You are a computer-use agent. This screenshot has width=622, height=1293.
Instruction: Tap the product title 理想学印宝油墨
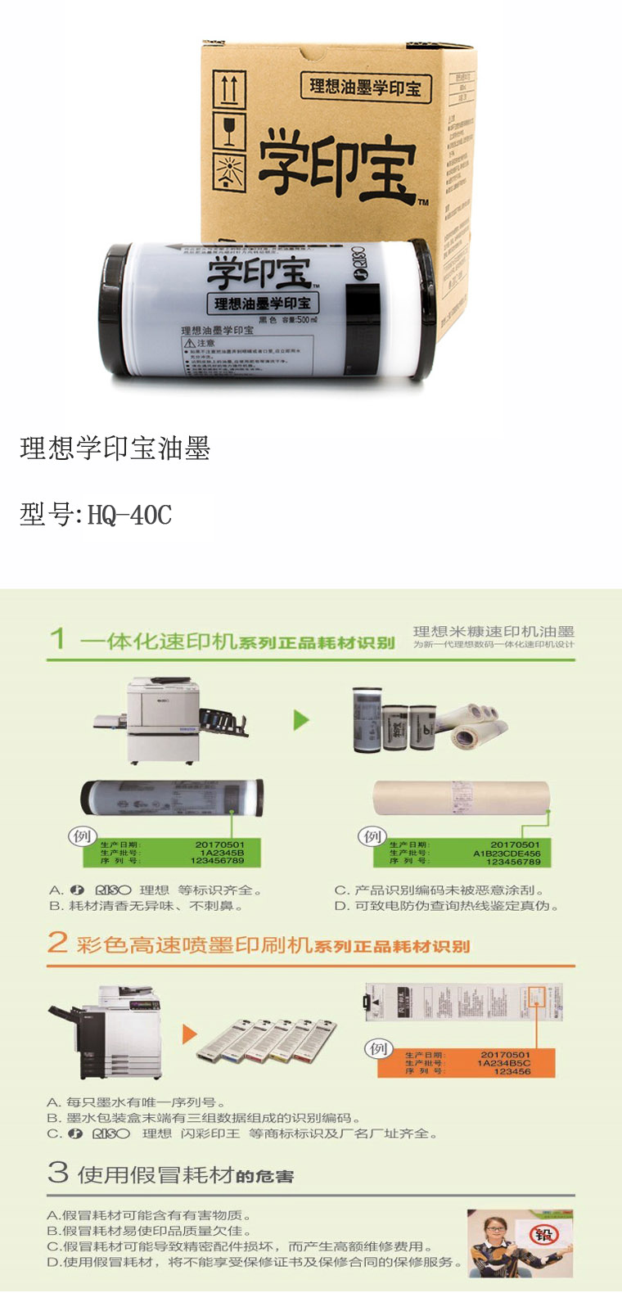(x=115, y=448)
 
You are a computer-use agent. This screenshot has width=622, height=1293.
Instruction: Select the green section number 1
(x=56, y=638)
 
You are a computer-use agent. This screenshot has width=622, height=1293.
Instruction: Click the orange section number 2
(x=56, y=942)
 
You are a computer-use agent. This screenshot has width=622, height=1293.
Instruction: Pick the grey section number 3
(x=57, y=1172)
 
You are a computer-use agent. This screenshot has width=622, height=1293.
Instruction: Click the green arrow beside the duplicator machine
(x=302, y=720)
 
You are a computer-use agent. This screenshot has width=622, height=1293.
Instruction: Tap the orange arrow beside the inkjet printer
(x=189, y=1034)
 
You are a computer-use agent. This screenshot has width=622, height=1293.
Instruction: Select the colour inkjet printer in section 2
(x=106, y=1033)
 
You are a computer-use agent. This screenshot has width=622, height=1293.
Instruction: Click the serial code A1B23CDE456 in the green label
(x=507, y=853)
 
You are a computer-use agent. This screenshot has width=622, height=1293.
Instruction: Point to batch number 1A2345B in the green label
(x=222, y=853)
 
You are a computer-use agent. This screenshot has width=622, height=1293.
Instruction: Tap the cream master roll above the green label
(x=461, y=798)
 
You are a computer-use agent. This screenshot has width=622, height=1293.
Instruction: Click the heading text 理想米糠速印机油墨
(x=494, y=631)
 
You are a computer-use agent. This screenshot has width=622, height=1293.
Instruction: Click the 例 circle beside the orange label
(x=378, y=1048)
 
